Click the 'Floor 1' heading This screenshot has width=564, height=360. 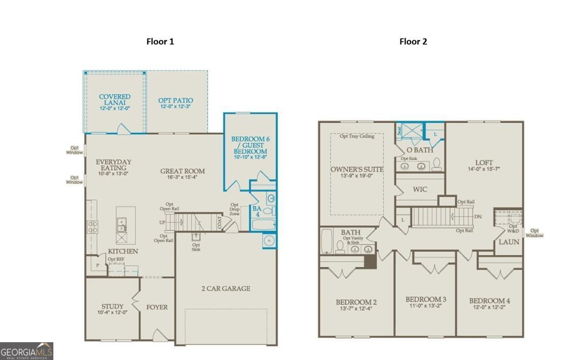coord(160,42)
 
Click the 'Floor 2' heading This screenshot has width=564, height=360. coord(413,42)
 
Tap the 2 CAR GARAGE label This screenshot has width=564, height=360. coord(226,289)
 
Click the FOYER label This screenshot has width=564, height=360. coord(157,307)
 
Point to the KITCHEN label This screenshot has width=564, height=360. coord(123,251)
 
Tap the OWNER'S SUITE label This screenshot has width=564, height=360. coord(357,169)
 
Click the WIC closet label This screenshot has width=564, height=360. coord(420,190)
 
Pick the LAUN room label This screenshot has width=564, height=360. coord(509,242)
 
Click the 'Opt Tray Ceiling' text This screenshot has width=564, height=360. coord(357,136)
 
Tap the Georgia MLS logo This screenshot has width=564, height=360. coord(26,351)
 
